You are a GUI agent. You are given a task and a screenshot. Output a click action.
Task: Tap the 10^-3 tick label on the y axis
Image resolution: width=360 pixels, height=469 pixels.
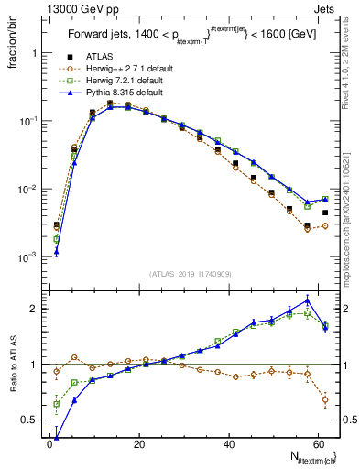[25, 257]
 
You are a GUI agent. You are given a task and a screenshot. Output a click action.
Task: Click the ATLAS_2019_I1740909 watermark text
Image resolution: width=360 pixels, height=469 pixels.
[189, 274]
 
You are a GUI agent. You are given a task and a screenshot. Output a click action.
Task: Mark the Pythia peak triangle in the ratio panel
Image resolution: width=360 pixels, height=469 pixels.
[308, 300]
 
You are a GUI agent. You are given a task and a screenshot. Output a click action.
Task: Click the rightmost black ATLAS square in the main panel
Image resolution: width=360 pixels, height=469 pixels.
[325, 213]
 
